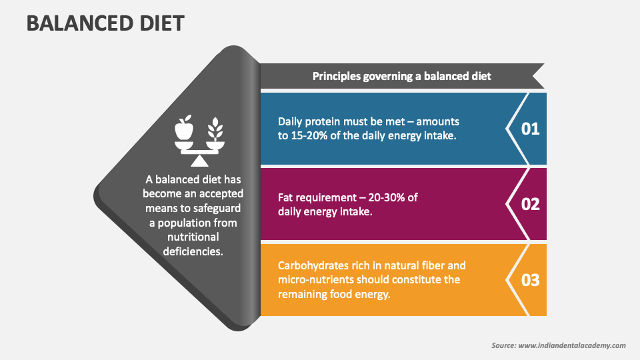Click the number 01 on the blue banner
(530, 129)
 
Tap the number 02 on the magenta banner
(530, 204)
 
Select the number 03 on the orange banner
(530, 280)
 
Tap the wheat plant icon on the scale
(215, 128)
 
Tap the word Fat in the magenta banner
(287, 197)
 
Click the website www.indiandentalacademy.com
(571, 345)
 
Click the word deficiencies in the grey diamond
(193, 251)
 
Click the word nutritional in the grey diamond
(193, 237)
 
